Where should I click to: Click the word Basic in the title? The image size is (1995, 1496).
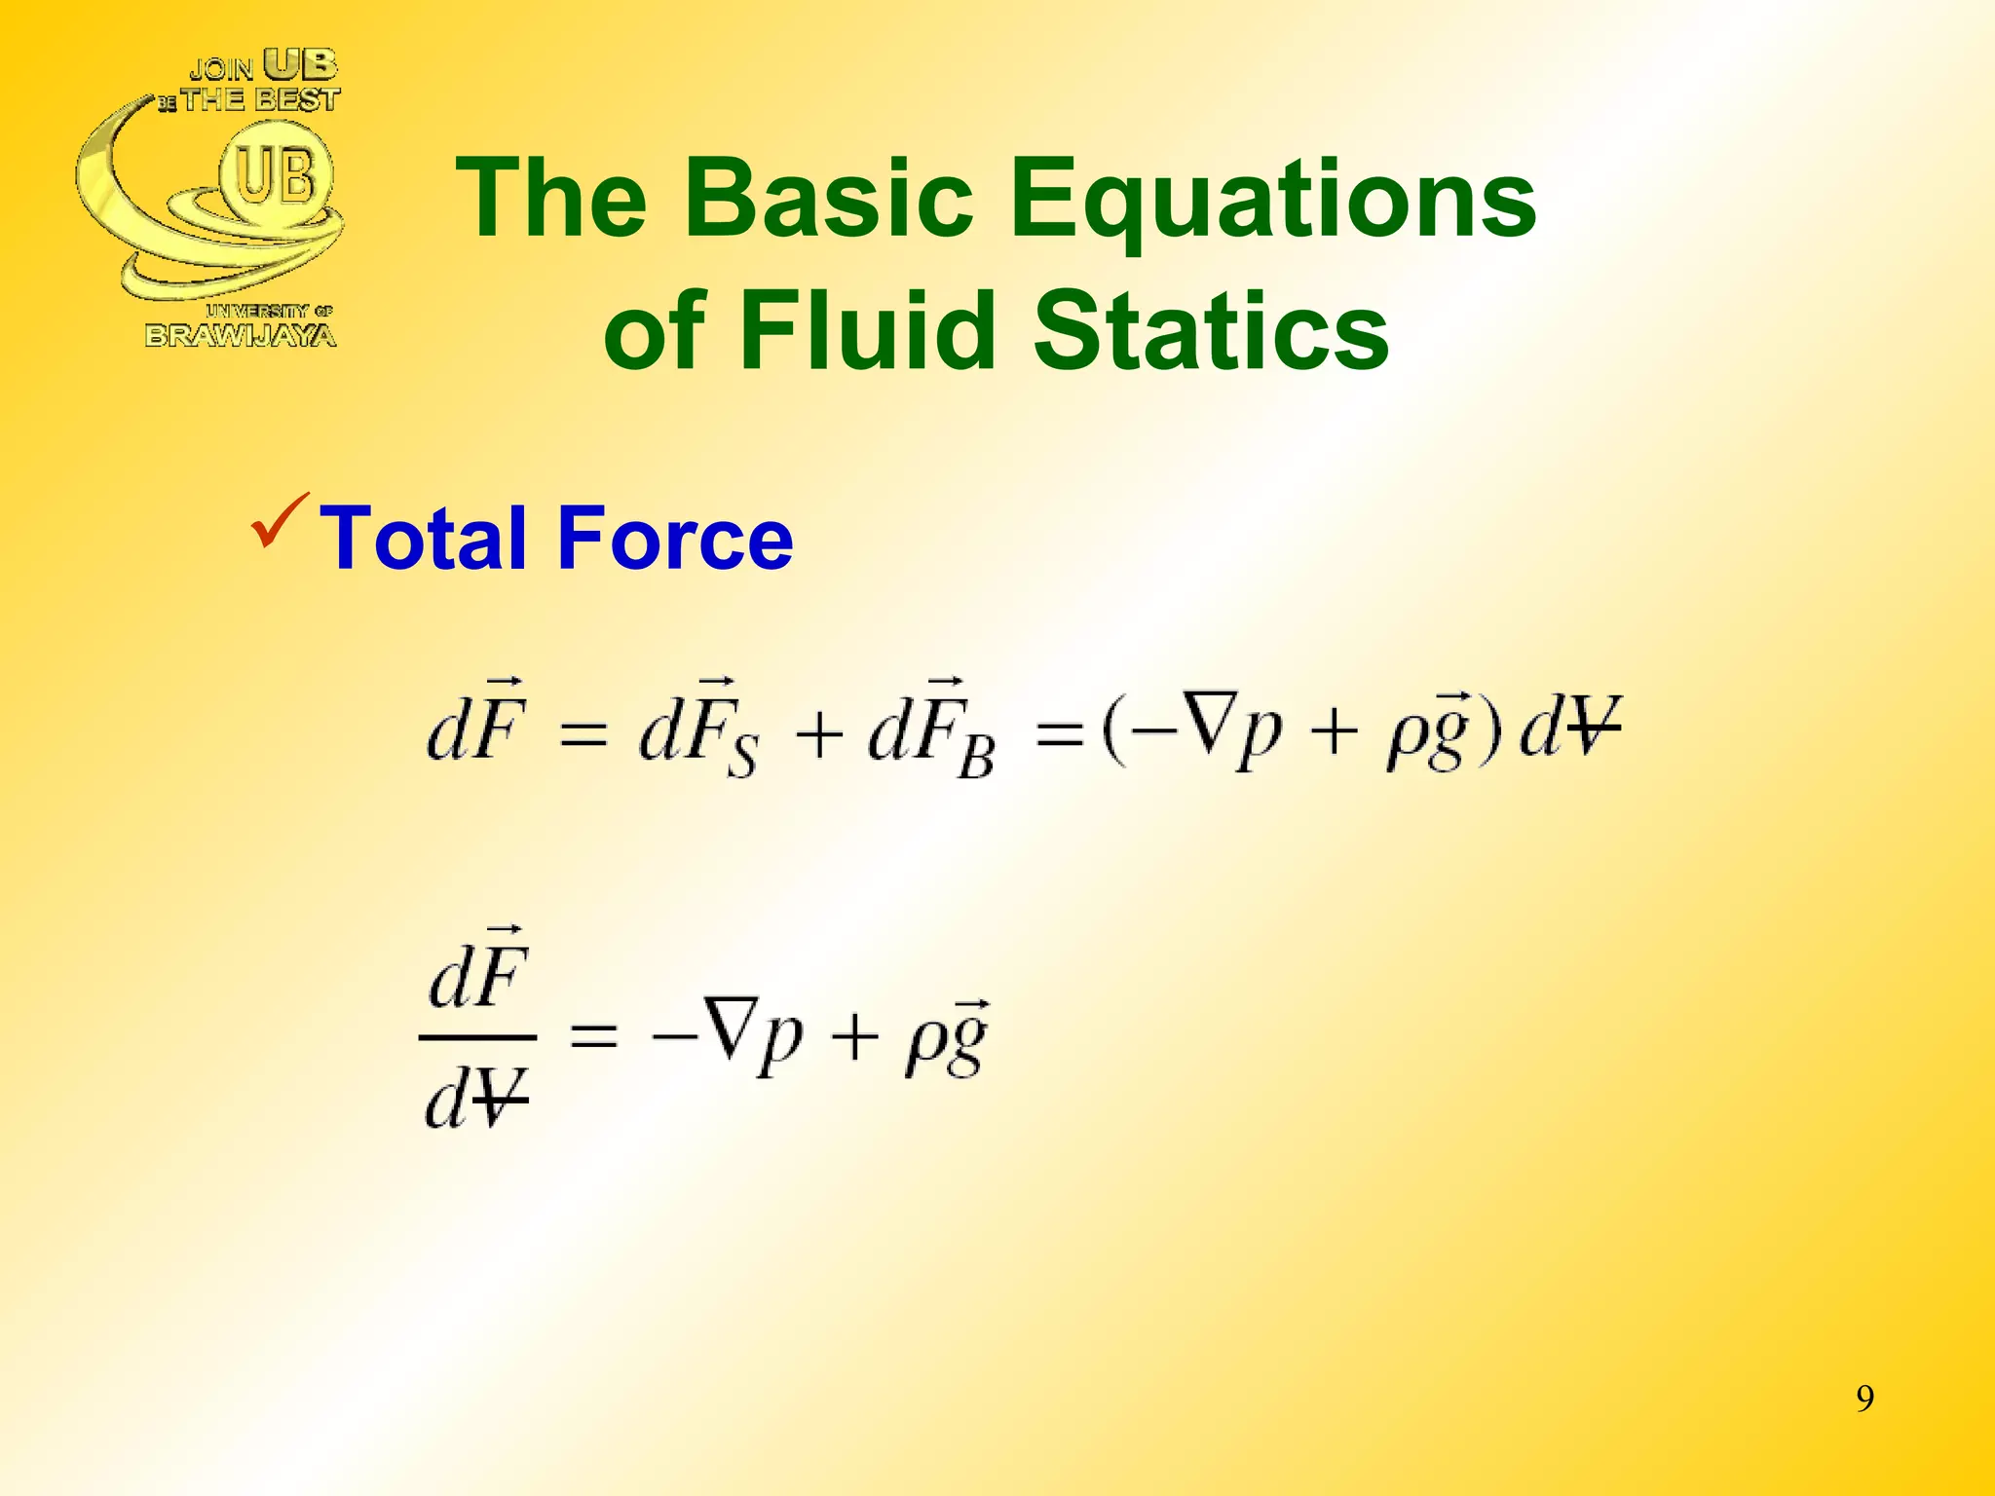829,199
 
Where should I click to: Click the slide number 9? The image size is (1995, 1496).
1864,1399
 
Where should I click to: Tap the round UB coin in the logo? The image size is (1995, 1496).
276,175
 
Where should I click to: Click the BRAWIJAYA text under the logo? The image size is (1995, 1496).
241,336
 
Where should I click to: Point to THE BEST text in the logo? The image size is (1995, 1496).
260,99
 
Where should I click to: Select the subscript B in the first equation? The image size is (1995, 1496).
976,757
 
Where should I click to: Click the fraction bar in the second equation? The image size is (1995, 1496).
477,1038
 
